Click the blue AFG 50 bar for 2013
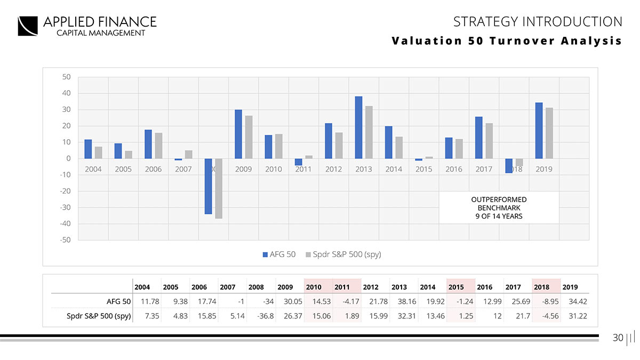pos(359,127)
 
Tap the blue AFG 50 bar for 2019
pos(539,131)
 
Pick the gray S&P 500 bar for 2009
pos(249,137)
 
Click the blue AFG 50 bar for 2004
pos(88,149)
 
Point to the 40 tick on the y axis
pos(66,93)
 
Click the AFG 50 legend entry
pos(278,254)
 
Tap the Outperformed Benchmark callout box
pos(499,208)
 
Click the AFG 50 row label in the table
pos(118,301)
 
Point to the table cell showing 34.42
pos(578,301)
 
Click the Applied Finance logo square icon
pos(28,26)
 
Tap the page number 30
pos(618,338)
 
